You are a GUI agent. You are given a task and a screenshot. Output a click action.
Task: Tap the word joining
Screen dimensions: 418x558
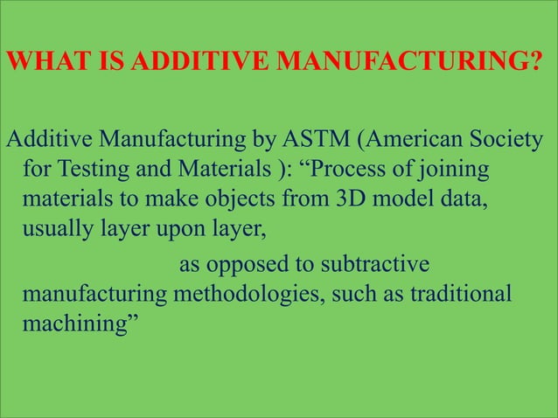[459, 167]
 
